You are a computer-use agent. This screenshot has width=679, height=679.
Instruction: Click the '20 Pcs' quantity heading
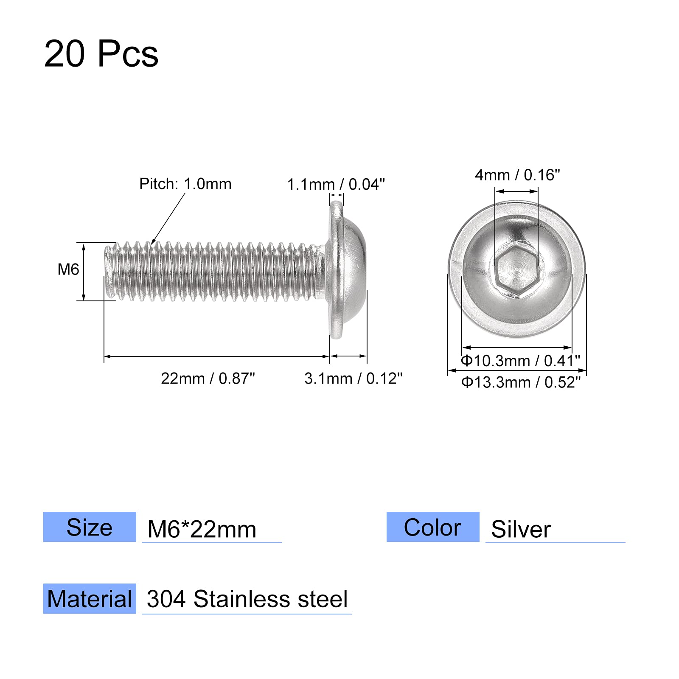101,54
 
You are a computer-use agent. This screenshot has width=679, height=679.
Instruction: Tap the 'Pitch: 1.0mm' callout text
185,184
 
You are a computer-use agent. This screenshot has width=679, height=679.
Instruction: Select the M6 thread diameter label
68,269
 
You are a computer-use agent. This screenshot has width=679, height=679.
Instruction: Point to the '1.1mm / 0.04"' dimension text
336,184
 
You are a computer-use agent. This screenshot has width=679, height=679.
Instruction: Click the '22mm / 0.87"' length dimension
208,378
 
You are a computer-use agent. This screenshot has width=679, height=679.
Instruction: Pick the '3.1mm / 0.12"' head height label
354,378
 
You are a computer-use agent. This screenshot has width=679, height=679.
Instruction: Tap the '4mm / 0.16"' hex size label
517,174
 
